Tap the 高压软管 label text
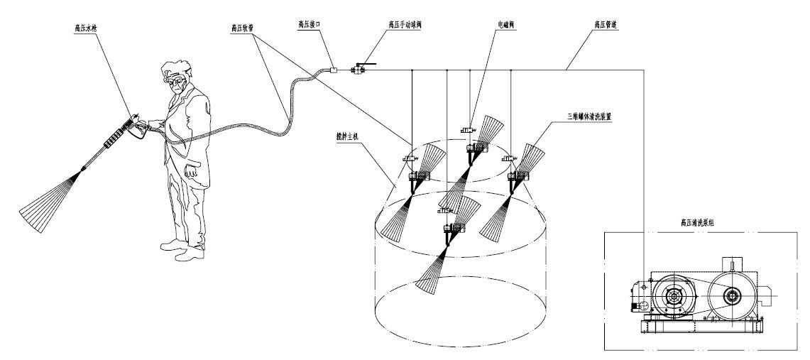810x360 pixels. click(243, 28)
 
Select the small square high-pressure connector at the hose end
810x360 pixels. click(334, 69)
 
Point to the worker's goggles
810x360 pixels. click(175, 79)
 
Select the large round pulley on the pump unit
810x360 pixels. click(670, 295)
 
